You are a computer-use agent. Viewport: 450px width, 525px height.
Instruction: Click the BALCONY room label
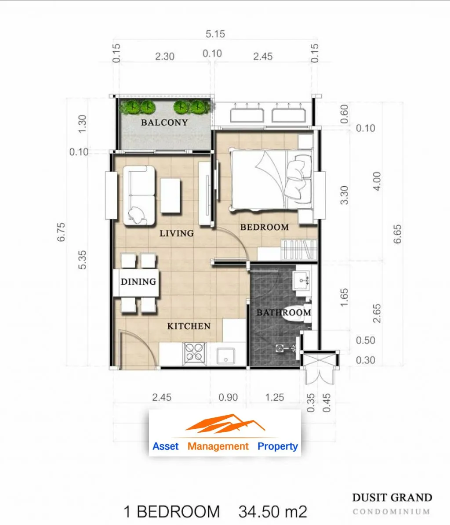point(164,123)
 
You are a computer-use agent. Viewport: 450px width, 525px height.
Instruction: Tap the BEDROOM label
point(265,227)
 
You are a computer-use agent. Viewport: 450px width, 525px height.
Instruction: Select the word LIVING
point(177,233)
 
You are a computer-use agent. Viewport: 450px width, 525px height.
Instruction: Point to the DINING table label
point(138,282)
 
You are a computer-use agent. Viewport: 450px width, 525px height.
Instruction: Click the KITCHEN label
point(189,326)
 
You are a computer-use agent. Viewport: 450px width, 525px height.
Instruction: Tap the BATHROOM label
point(284,313)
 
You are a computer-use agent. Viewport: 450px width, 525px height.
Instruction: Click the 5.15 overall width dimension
point(215,34)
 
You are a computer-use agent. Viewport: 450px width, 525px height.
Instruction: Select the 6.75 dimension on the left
point(61,232)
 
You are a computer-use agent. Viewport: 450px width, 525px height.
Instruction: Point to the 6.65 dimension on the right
point(397,234)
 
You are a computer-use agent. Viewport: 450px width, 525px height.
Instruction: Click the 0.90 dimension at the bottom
point(228,398)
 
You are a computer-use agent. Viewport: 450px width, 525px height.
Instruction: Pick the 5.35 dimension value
point(82,260)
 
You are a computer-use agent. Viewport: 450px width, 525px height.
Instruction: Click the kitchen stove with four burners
point(194,354)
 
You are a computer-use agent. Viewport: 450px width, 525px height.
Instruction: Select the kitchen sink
point(226,356)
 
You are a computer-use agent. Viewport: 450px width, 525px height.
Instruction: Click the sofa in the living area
point(139,195)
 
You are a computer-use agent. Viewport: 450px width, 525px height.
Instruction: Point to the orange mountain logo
point(225,423)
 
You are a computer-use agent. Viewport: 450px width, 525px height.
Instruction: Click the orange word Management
point(218,446)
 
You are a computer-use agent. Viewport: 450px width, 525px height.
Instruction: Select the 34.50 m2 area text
point(272,512)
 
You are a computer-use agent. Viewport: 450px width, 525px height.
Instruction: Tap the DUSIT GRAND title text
point(392,498)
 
